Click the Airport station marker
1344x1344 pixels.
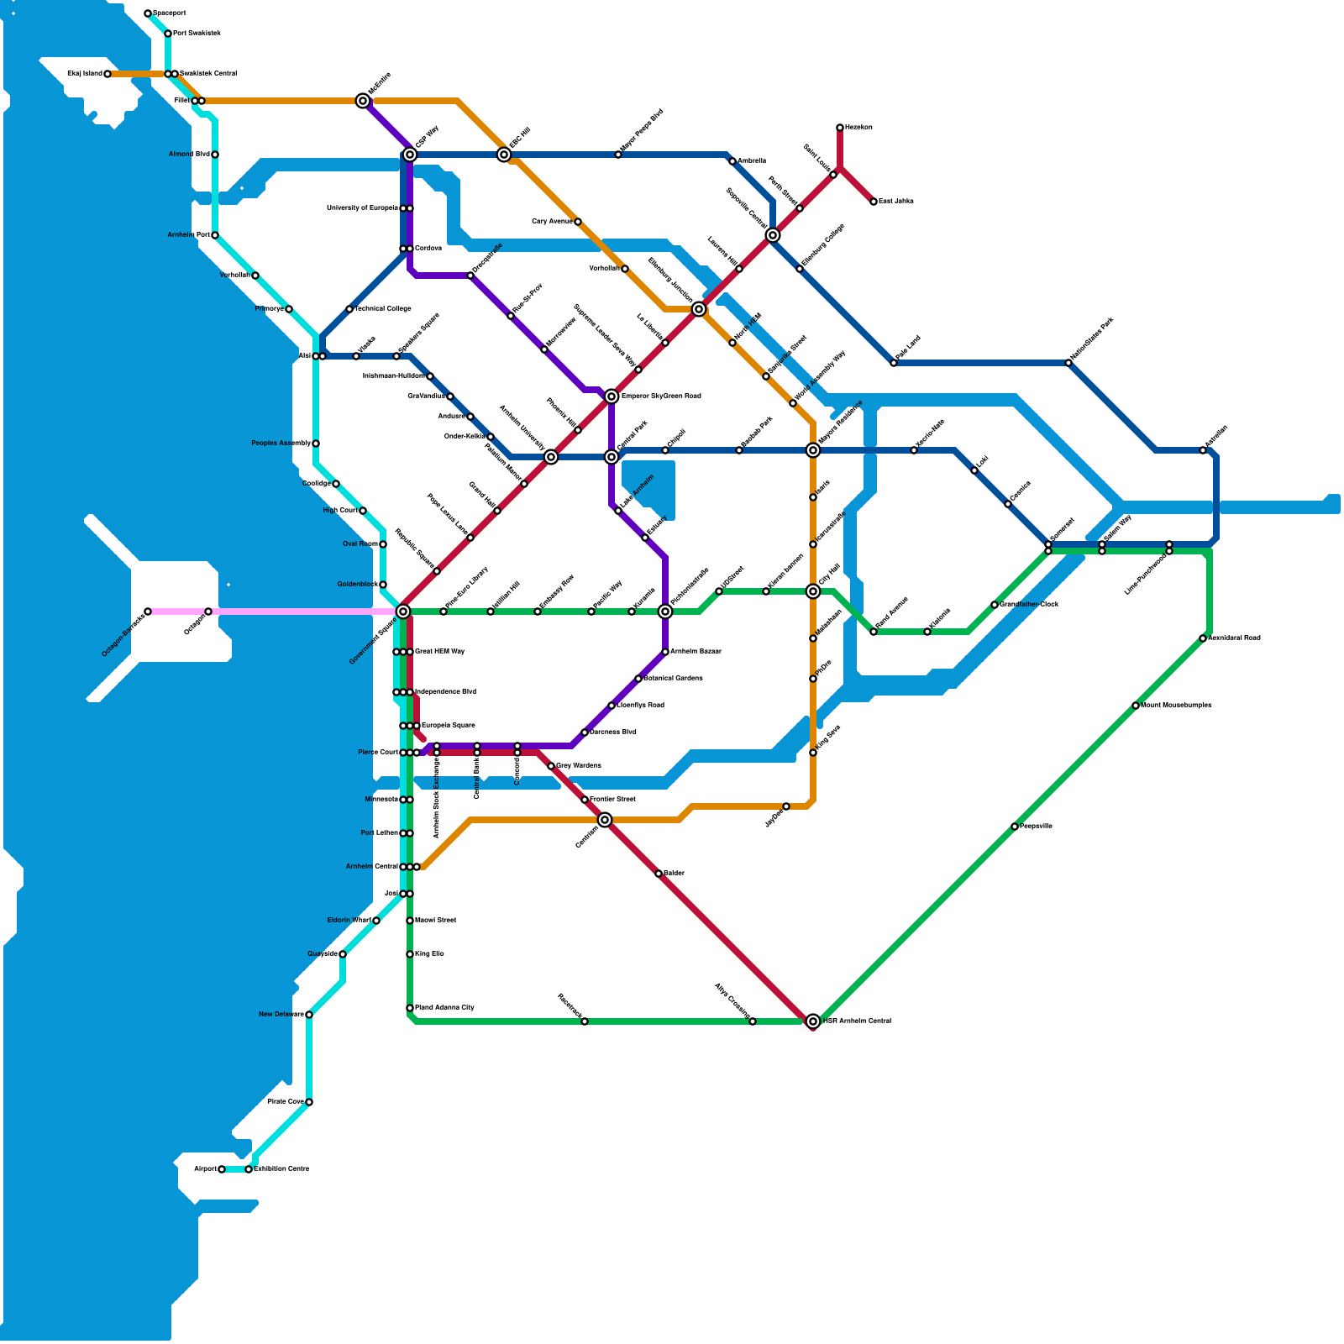point(222,1169)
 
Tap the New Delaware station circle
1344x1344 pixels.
point(309,1015)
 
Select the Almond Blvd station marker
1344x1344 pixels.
point(215,155)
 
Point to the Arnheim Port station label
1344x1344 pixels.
point(188,235)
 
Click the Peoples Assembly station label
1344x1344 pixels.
point(281,444)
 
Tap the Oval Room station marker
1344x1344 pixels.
point(383,544)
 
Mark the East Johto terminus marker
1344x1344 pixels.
point(874,202)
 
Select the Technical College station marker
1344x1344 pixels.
point(349,309)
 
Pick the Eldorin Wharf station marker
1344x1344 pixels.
point(376,921)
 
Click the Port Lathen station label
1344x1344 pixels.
point(379,833)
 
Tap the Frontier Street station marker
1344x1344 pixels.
point(585,800)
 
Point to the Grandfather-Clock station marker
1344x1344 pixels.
point(995,605)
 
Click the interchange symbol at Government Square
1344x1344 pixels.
point(403,612)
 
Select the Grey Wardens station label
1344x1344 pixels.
point(579,766)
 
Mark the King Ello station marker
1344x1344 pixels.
point(410,954)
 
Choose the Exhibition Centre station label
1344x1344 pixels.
point(281,1169)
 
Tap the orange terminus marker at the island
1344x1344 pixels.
point(108,74)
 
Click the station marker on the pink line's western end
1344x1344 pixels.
point(148,612)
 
